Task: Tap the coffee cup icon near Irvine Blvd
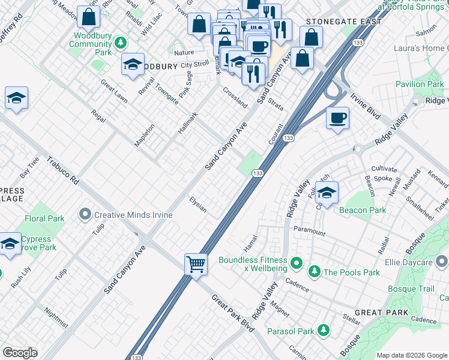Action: (338, 118)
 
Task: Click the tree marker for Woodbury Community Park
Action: (120, 43)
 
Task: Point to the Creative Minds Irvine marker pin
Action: (85, 214)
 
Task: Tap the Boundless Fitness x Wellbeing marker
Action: (295, 263)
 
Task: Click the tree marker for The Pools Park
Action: (314, 272)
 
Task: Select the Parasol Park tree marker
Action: (324, 331)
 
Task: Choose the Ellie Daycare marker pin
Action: (442, 262)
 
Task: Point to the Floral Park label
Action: (44, 219)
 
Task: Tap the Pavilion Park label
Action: (418, 84)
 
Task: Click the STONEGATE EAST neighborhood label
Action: (343, 22)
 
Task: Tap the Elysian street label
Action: (198, 205)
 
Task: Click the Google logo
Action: (20, 353)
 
